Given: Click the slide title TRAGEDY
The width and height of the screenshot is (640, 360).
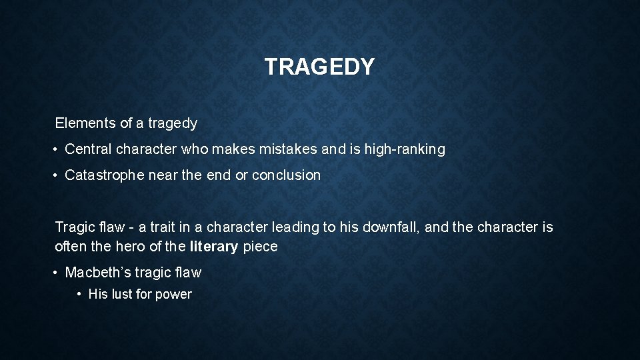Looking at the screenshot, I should [319, 67].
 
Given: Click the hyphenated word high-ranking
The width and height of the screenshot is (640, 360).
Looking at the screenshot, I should [405, 149].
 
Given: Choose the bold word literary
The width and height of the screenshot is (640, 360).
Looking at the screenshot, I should [213, 247].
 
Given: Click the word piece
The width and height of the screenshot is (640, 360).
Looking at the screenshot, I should [260, 247].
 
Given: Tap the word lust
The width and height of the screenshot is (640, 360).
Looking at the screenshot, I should [121, 295].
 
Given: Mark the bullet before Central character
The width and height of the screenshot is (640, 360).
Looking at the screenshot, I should [57, 150].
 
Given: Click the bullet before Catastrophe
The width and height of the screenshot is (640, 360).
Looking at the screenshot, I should [57, 176].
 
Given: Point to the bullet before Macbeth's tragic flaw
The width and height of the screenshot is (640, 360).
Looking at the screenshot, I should [57, 273].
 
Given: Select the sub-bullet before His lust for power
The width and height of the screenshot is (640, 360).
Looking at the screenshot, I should [80, 295].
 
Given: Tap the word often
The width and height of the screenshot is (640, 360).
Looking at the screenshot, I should [71, 247].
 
